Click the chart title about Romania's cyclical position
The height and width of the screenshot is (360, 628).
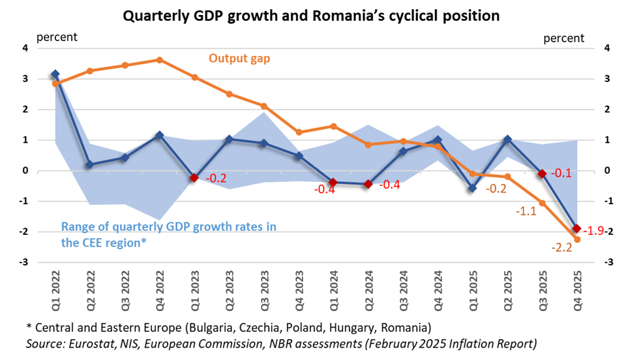pos(314,15)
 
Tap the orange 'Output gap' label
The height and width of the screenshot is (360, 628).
pos(239,58)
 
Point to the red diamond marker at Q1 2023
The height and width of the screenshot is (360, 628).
pos(194,177)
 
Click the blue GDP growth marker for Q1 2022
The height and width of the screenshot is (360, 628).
pos(55,74)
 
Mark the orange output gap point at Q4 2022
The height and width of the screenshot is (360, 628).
pos(159,60)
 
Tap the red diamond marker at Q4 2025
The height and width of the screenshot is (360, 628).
pos(576,228)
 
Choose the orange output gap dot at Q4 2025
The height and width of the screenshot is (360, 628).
pos(576,239)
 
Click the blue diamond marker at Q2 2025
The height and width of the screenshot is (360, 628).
pos(507,139)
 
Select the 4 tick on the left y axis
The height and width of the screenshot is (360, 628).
pos(25,48)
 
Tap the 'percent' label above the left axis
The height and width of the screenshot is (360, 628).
pos(56,38)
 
